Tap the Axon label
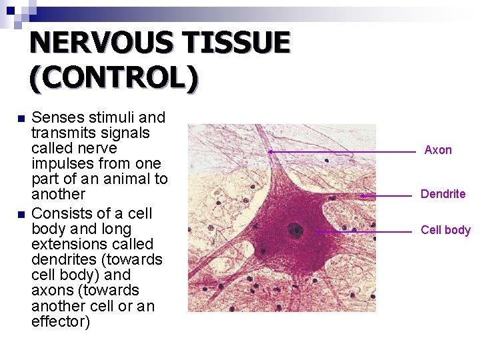coord(438,150)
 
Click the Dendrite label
coord(443,194)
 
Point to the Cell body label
coord(445,230)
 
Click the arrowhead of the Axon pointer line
coord(270,152)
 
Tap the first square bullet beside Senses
coord(20,119)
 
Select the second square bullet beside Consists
coord(20,214)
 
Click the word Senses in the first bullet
coord(57,118)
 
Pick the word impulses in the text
coord(62,163)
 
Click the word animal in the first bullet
coord(125,179)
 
